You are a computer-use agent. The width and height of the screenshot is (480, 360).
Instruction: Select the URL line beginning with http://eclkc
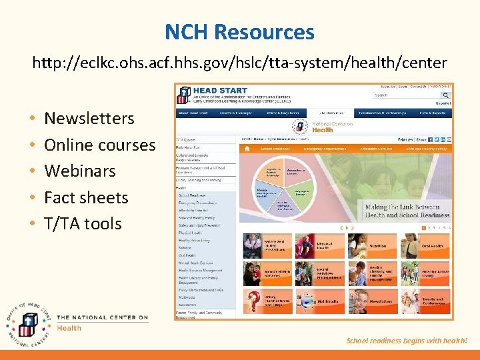click(x=240, y=63)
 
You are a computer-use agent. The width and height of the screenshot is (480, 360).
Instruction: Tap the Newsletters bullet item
click(x=89, y=119)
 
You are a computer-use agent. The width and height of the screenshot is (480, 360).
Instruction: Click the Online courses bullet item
click(x=99, y=145)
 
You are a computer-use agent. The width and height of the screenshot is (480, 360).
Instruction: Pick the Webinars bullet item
click(x=80, y=171)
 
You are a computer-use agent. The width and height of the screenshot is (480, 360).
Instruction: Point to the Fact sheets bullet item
click(x=86, y=197)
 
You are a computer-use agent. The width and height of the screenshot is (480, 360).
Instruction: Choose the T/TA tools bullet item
click(x=83, y=223)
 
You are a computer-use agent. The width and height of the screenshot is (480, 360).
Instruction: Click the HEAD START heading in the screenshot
click(x=220, y=91)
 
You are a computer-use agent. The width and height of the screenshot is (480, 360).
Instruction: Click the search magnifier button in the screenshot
click(x=446, y=95)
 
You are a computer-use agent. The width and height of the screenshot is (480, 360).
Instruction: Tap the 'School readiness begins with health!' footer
click(x=407, y=341)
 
